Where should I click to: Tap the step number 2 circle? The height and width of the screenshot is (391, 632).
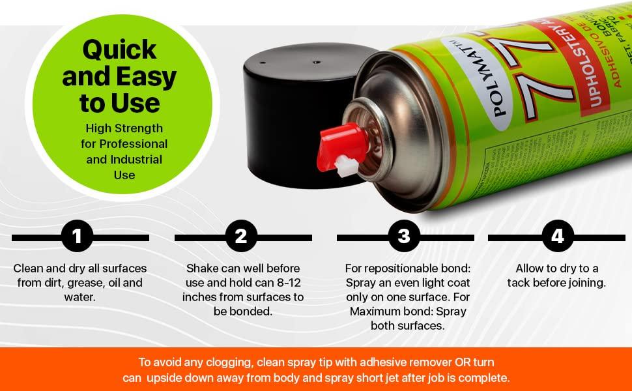click(241, 237)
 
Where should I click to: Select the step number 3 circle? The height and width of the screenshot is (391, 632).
click(404, 237)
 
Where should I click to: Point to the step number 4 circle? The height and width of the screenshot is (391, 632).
click(558, 237)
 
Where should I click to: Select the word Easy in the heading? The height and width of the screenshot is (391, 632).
click(146, 77)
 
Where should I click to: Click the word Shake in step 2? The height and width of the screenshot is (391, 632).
click(202, 268)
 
